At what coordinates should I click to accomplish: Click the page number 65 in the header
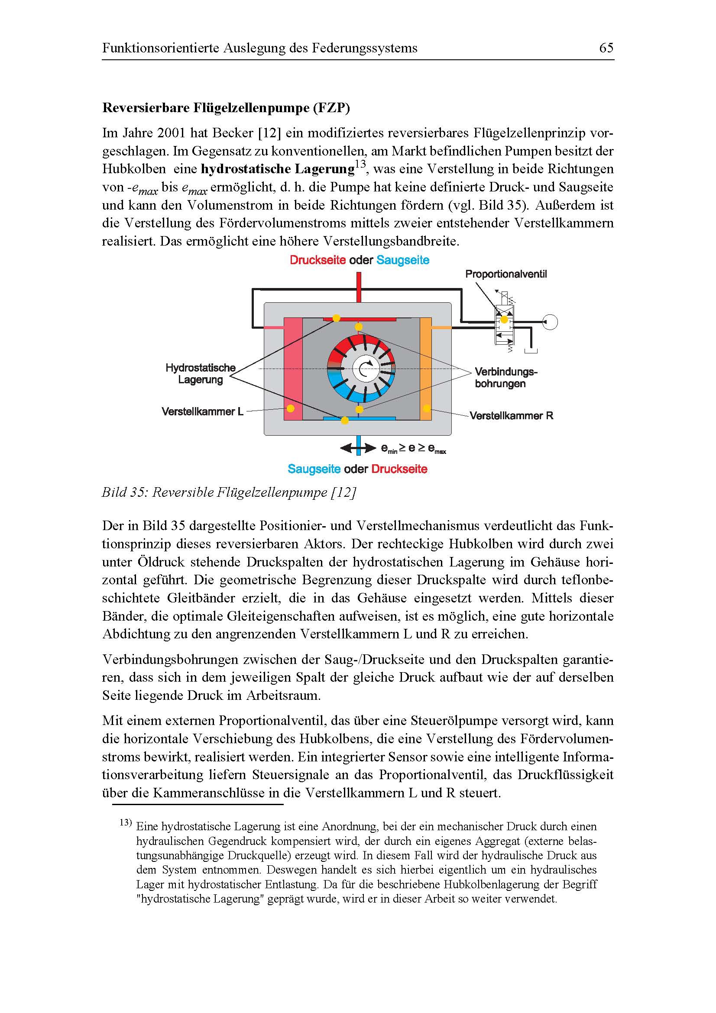click(x=606, y=48)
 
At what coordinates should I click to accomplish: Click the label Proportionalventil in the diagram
click(x=505, y=274)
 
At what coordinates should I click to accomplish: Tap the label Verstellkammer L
click(x=202, y=411)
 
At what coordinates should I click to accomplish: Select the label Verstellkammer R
click(x=511, y=416)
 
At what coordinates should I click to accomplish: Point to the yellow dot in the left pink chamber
click(x=290, y=408)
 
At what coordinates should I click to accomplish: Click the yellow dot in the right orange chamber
click(x=426, y=408)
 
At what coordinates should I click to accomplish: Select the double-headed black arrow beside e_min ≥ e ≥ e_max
click(x=358, y=449)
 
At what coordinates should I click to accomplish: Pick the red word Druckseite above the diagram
click(x=318, y=260)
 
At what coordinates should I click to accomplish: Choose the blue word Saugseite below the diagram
click(x=314, y=469)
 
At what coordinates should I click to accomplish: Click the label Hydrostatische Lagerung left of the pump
click(x=201, y=374)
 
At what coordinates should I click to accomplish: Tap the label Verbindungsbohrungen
click(x=505, y=378)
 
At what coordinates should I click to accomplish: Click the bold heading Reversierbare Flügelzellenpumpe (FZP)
click(x=226, y=109)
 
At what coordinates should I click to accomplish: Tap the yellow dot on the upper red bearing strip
click(x=336, y=317)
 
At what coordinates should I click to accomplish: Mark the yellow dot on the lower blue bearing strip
click(x=345, y=421)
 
